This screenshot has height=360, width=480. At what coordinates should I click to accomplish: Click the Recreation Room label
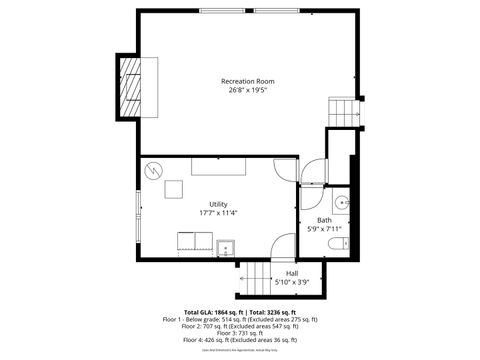[247, 81]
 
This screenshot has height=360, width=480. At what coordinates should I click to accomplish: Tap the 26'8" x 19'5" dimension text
[247, 90]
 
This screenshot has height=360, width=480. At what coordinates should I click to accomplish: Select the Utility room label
[218, 204]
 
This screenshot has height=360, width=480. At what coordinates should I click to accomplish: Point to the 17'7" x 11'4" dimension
[218, 213]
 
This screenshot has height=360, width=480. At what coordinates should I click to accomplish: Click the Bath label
[324, 220]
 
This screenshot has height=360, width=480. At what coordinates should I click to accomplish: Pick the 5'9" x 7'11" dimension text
[324, 229]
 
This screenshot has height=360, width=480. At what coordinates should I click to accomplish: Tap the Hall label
[292, 273]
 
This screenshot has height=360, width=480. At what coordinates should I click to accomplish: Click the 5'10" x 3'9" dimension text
[292, 282]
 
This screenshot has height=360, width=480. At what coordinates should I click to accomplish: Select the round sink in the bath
[342, 203]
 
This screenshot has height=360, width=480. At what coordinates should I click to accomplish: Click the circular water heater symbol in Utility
[153, 169]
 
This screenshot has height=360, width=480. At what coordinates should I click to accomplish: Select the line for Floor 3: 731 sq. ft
[240, 333]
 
